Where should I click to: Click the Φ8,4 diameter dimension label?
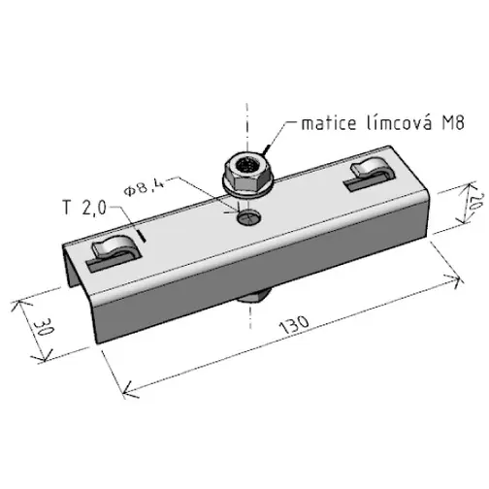coord(144,188)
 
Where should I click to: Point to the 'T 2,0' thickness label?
coord(84,208)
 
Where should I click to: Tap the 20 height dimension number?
coord(476,203)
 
